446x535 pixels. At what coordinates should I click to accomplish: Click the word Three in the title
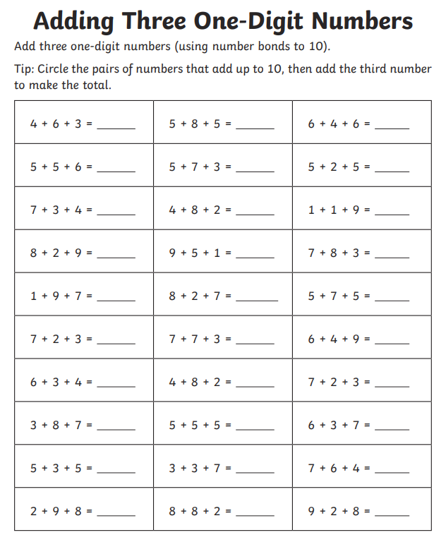coord(152,21)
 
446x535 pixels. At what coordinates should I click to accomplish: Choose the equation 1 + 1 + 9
coord(339,210)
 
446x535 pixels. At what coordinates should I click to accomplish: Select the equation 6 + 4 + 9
coord(339,339)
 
